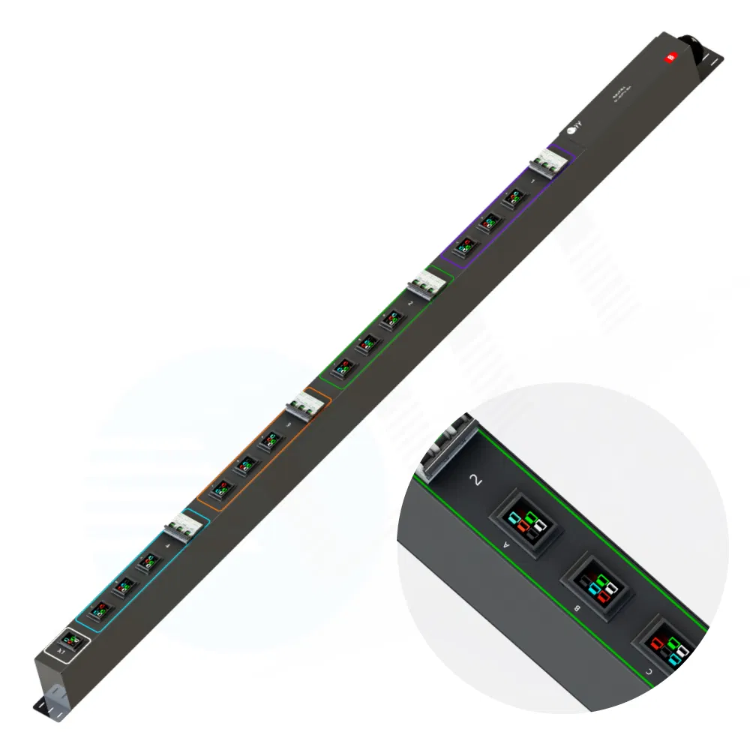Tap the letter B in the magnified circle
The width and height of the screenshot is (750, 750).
[576, 608]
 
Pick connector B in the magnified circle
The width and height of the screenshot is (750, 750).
[600, 585]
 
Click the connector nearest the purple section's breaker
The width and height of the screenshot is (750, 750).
[514, 197]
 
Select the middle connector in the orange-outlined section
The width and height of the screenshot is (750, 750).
[244, 465]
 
